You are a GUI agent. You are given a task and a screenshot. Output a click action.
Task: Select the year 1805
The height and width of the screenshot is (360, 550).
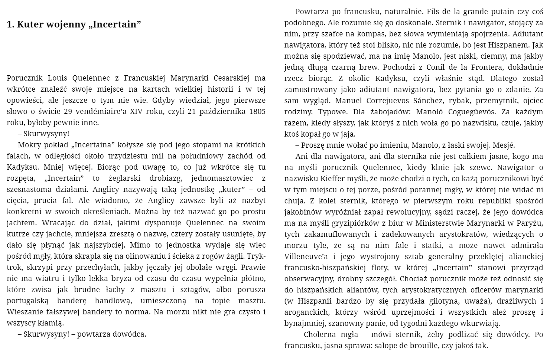[x=257, y=111]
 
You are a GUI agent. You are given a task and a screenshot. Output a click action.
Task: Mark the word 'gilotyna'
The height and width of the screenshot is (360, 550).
[x=409, y=301]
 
